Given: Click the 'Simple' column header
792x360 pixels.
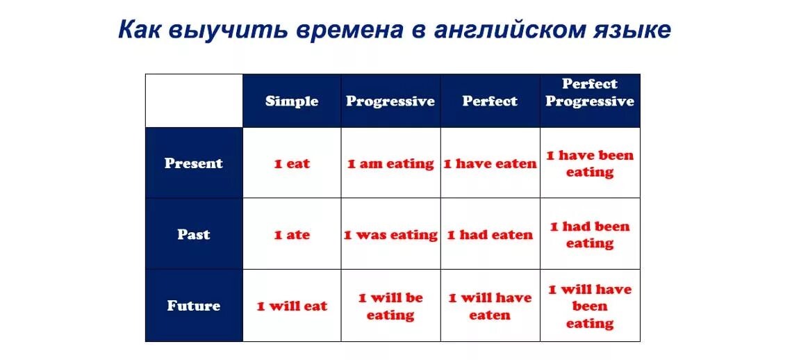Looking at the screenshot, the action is click(x=292, y=101).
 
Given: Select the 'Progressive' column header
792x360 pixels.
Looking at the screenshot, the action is click(x=390, y=101).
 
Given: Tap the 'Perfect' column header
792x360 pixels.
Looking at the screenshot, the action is click(x=490, y=101).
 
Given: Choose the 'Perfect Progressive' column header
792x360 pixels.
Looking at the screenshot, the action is click(x=590, y=92).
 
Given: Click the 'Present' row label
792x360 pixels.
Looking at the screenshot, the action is click(x=193, y=163).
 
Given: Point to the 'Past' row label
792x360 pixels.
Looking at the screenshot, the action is click(x=193, y=235).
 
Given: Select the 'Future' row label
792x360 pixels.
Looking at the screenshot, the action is click(x=193, y=306).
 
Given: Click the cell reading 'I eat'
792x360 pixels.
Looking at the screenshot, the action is click(x=292, y=164).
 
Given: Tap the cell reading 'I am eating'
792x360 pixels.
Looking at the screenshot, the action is click(x=390, y=164).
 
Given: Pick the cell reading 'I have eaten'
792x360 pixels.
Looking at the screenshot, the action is click(x=490, y=164).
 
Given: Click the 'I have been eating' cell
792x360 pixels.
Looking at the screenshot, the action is click(x=590, y=164).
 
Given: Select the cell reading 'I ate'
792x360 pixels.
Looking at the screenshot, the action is click(x=292, y=235).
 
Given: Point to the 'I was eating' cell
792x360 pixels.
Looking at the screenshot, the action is click(x=390, y=236).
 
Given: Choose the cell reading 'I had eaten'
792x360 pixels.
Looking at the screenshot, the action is click(x=490, y=235).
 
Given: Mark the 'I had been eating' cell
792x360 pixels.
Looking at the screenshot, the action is click(x=590, y=235).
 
